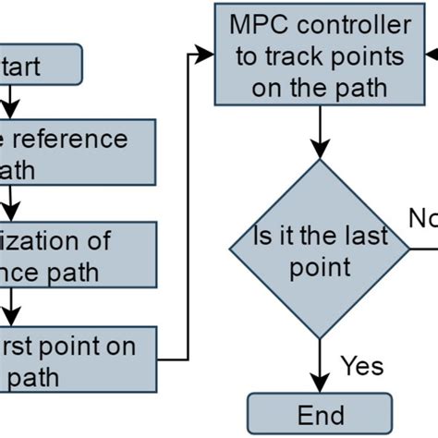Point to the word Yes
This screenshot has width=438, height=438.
click(361, 366)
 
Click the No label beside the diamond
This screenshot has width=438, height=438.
click(422, 218)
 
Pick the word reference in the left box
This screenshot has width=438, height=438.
click(75, 138)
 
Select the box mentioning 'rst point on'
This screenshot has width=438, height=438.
click(74, 361)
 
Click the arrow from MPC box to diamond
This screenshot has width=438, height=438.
click(320, 130)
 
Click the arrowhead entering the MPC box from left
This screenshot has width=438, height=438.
click(206, 55)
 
